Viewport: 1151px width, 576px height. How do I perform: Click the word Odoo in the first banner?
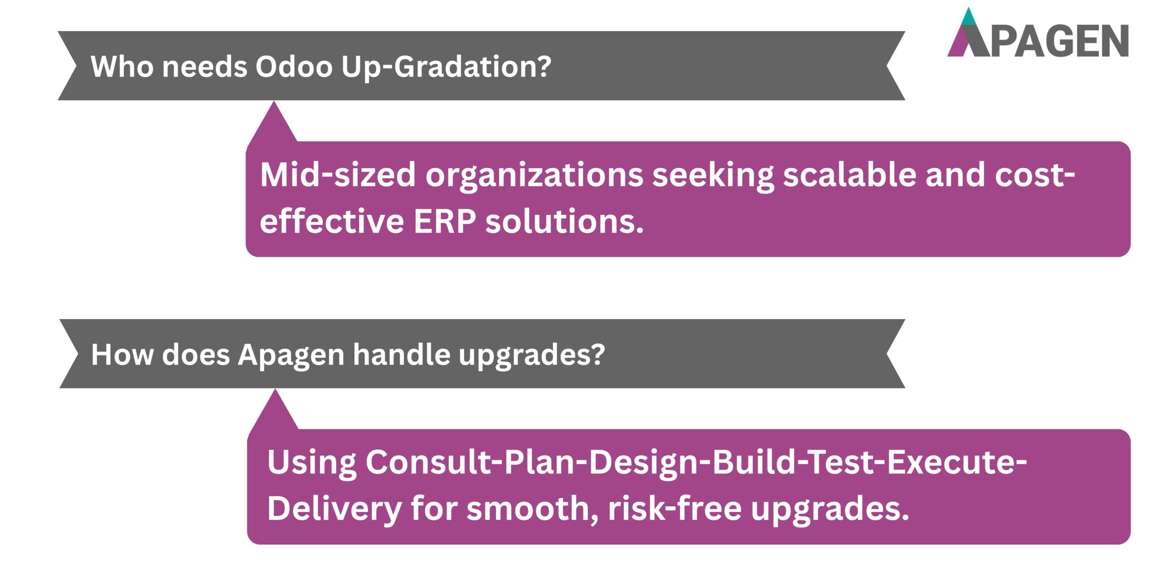coord(294,67)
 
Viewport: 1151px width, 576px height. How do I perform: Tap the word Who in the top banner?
coord(122,67)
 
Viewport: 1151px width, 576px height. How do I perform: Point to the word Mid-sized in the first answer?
coord(338,175)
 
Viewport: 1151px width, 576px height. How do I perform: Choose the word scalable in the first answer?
coord(849,175)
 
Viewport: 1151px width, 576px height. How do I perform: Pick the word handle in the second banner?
coord(401,355)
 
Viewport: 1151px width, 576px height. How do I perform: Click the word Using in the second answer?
coord(312,463)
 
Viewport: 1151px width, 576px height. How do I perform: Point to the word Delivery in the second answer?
coord(334,509)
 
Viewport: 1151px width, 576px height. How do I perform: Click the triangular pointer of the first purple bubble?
coord(273,126)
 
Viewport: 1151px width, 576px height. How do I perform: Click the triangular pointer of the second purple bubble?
coord(274,414)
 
